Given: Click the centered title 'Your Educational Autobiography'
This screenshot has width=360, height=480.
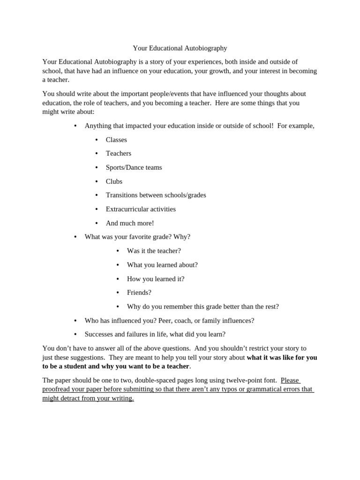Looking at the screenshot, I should [180, 48].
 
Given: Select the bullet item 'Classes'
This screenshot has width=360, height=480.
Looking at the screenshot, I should [116, 140].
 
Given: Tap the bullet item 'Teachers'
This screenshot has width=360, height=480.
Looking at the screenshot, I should [119, 153].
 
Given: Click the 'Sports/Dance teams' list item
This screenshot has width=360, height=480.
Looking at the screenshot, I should [134, 167].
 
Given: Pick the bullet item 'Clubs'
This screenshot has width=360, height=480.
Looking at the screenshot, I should [114, 181].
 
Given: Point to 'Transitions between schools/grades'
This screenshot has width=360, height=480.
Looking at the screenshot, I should [156, 195].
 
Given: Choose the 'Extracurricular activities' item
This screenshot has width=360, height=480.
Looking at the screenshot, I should [141, 209].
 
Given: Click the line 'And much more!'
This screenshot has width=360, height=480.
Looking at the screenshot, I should [130, 223].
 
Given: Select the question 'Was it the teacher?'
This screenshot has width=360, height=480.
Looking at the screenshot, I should [154, 251].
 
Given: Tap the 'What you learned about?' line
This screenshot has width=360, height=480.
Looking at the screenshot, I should [162, 265].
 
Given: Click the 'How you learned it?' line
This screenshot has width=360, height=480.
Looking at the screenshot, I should [156, 279].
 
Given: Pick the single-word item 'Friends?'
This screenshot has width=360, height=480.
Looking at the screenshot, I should [139, 292].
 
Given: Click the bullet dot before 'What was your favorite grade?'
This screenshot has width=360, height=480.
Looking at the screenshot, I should [75, 237].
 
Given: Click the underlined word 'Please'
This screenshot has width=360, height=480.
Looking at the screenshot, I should [290, 380].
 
